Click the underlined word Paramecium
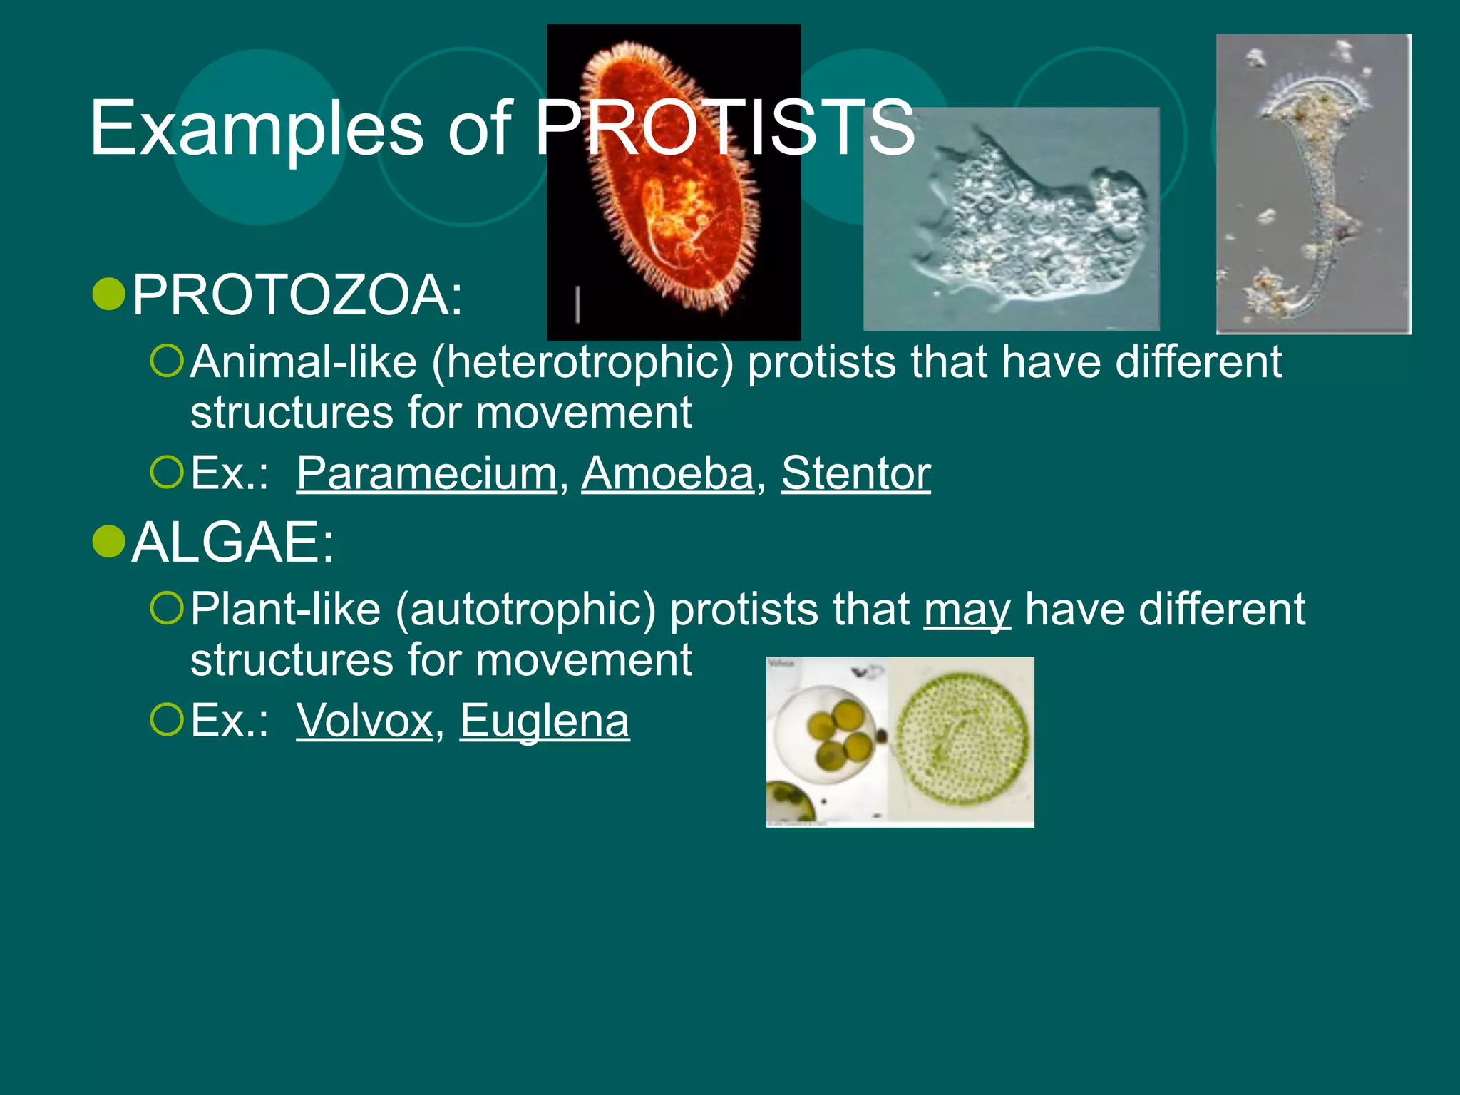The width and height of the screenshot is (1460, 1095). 426,473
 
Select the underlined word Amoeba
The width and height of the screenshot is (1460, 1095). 668,473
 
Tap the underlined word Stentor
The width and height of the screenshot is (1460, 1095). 856,473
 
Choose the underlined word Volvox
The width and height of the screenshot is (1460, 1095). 365,720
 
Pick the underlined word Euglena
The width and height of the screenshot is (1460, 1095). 545,721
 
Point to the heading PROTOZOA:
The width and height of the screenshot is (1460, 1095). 298,294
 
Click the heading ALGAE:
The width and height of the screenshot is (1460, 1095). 233,542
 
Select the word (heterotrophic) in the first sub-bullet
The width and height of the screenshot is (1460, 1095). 582,363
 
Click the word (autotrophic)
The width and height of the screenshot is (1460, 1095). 525,610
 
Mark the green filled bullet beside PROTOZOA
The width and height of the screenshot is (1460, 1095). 109,294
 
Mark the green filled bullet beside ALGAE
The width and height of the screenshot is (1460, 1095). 109,542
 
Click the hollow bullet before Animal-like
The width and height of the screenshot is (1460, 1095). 168,361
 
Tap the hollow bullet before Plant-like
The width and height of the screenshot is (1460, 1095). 168,608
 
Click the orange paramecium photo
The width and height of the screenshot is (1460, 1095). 674,182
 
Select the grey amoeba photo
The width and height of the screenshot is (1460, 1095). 1011,219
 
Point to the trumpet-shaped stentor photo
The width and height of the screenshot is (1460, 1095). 1313,184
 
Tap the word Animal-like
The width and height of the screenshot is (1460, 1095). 304,361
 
